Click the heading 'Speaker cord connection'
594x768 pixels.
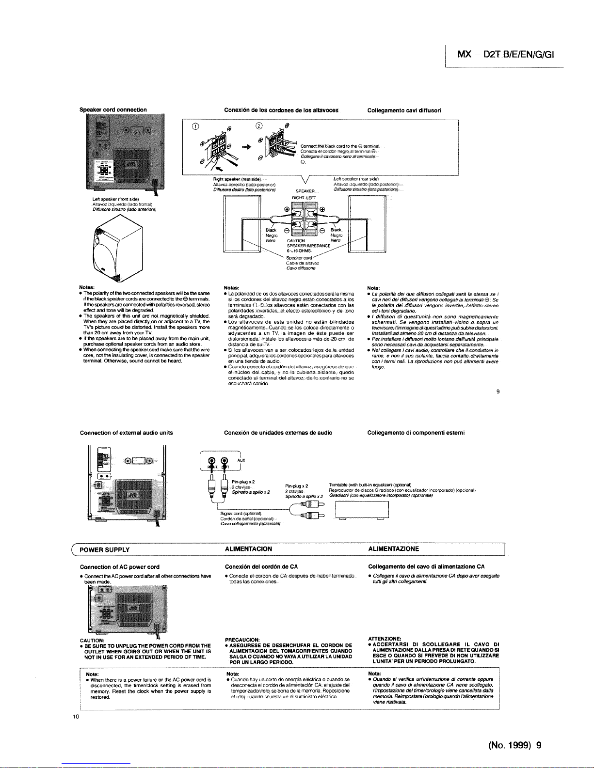click(113, 110)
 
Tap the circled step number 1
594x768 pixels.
click(195, 127)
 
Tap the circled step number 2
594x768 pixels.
click(259, 127)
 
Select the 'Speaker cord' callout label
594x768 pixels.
click(299, 258)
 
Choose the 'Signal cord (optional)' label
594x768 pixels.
click(241, 513)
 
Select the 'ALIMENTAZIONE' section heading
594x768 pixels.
click(394, 549)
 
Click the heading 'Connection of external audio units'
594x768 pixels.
click(126, 433)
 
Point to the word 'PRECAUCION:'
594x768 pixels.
click(242, 640)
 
